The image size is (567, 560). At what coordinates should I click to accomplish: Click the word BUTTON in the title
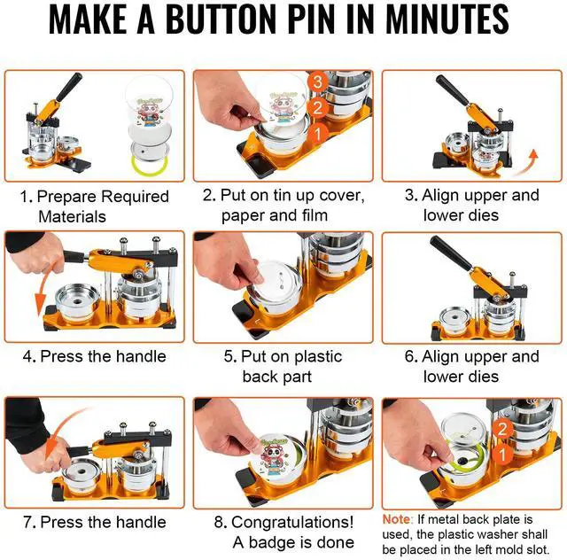tap(221, 19)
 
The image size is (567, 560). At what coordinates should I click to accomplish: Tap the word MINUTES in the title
tap(447, 19)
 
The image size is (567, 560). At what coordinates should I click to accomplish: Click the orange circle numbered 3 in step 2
tap(317, 82)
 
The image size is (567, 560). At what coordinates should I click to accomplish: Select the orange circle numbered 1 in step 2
tap(317, 134)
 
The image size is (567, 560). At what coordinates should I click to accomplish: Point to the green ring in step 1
tap(149, 165)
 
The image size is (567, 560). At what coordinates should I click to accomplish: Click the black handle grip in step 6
tap(450, 253)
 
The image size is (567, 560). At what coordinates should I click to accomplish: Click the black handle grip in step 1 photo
tap(69, 87)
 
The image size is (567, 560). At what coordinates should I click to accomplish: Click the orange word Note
tap(397, 519)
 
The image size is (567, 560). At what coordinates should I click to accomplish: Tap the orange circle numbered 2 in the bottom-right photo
tap(502, 430)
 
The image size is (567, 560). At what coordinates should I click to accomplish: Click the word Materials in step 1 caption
tap(72, 217)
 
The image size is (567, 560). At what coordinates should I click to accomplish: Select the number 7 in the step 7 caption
tap(27, 523)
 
